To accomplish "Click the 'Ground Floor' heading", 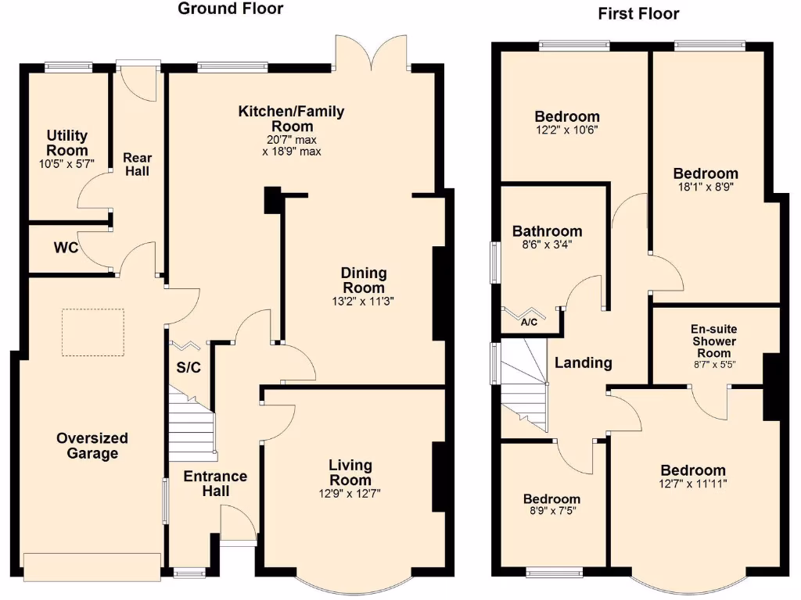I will coord(231,9).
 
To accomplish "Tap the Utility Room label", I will coord(67,143).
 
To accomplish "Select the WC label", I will coord(66,248).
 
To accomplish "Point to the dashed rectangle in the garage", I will coord(93,332).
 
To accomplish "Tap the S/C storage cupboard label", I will coord(189,368).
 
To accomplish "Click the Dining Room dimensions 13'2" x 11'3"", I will coord(363,301).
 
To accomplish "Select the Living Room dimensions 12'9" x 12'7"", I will coord(350,492).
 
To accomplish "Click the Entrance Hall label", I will coord(216,484).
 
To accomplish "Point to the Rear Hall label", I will coord(137,164).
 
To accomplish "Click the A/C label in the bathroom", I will coord(528,321).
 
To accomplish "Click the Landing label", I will coord(583,362).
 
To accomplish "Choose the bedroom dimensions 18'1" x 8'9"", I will coord(706,187).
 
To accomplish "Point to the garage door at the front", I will coord(92,567).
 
